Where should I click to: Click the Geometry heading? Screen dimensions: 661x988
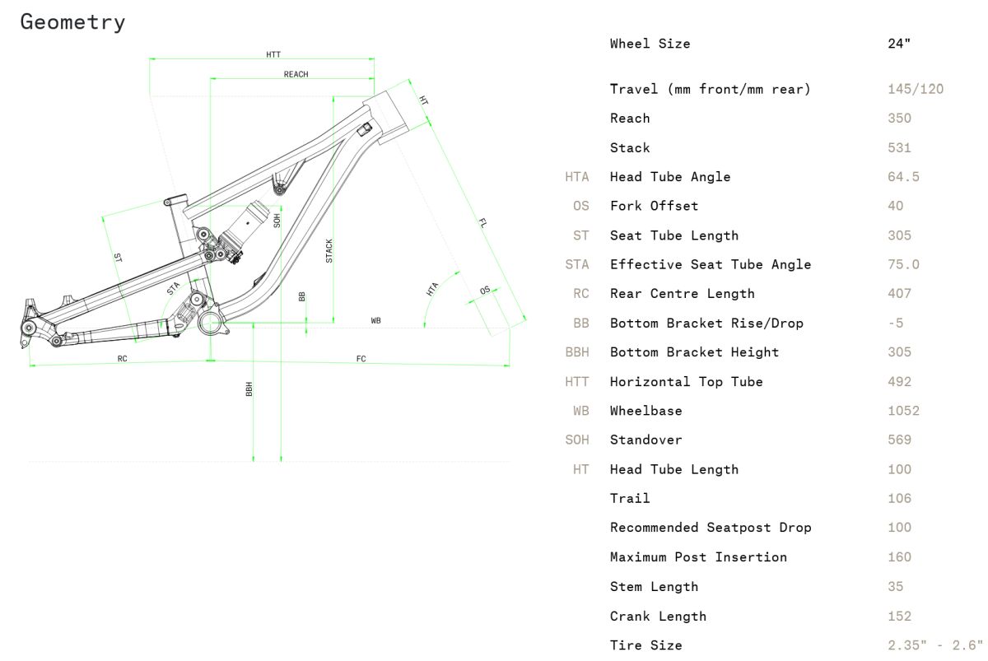coord(72,22)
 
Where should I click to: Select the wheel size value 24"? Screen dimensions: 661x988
coord(899,44)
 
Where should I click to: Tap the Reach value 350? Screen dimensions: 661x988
coord(899,119)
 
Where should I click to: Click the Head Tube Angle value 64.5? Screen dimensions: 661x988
coord(903,177)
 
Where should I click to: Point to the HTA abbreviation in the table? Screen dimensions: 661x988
coord(577,177)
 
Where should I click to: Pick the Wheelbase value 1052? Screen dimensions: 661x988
coord(903,411)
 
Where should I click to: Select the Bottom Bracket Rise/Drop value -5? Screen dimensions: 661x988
coord(896,323)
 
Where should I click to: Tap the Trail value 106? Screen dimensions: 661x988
coord(899,498)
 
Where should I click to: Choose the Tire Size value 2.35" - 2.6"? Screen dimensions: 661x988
coord(935,645)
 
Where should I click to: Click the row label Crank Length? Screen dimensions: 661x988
coord(658,616)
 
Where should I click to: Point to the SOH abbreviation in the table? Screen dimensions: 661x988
coord(577,440)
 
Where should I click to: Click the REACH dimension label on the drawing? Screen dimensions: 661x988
coord(296,75)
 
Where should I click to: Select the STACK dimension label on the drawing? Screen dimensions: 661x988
coord(329,250)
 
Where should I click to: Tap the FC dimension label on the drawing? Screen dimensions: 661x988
coord(361,359)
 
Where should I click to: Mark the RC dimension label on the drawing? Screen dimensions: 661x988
coord(122,359)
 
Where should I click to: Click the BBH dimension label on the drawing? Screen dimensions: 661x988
coord(249,389)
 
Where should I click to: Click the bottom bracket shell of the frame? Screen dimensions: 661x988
coord(211,320)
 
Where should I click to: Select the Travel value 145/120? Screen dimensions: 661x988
coord(915,89)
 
